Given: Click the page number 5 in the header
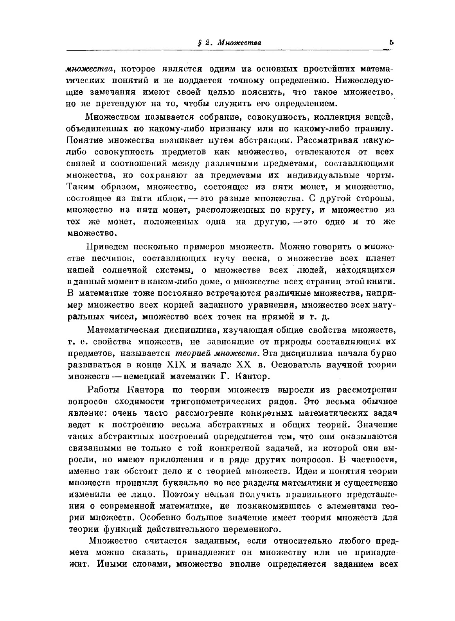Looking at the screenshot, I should pyautogui.click(x=391, y=42).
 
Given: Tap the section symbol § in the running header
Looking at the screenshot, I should pyautogui.click(x=199, y=43).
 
